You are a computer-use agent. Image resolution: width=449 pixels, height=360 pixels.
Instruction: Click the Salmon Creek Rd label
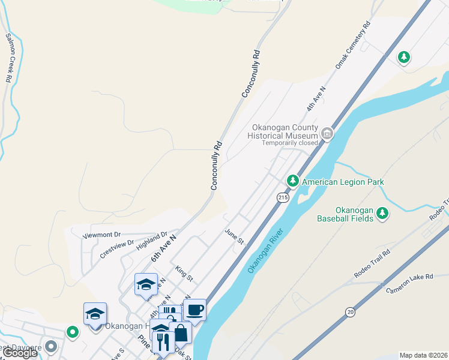click(9, 58)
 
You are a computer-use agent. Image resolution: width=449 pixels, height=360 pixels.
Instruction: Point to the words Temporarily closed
click(290, 143)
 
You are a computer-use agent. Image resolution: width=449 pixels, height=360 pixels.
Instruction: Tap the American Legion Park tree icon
click(292, 180)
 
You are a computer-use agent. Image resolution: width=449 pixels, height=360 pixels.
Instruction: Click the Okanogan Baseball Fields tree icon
click(382, 213)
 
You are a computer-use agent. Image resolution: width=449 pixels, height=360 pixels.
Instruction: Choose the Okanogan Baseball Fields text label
click(345, 214)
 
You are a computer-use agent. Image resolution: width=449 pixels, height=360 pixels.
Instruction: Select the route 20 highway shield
click(350, 311)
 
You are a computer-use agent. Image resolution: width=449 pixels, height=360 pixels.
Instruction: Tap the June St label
click(234, 236)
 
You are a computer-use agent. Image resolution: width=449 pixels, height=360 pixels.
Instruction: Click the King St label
click(184, 274)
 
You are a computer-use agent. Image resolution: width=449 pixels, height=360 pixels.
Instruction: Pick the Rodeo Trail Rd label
click(372, 263)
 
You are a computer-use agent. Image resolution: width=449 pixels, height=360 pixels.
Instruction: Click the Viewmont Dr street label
click(101, 235)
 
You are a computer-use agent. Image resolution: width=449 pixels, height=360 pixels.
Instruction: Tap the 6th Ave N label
click(163, 248)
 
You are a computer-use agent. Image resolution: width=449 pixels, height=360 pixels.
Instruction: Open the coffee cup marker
click(194, 310)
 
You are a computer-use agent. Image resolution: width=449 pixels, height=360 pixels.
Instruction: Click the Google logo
click(19, 353)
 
